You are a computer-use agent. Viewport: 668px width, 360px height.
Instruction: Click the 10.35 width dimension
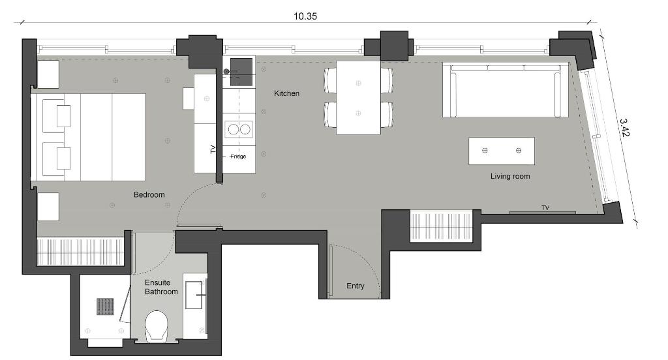tap(305, 16)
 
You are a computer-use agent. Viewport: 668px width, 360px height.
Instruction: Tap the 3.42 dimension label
tap(624, 127)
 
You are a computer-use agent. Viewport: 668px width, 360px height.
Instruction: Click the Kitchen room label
tap(286, 93)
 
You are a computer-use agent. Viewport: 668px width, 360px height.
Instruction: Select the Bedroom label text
tap(149, 195)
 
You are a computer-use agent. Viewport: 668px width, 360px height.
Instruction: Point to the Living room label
tap(510, 176)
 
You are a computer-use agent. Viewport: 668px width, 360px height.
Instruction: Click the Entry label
tap(356, 286)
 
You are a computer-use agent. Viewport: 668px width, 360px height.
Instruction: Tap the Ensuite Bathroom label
tap(161, 287)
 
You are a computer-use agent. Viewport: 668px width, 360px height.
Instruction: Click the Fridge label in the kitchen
tap(237, 157)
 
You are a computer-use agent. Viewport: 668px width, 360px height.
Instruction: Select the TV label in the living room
tap(545, 208)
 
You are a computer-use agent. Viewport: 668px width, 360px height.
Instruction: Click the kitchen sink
tap(241, 72)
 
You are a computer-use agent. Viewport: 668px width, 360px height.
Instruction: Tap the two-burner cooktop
tap(239, 129)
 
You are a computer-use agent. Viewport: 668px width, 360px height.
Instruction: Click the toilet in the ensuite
tap(157, 326)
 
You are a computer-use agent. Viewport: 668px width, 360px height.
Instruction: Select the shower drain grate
tap(105, 307)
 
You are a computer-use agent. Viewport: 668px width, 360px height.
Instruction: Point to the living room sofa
tap(506, 90)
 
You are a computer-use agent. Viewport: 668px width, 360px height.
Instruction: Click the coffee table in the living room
tap(502, 151)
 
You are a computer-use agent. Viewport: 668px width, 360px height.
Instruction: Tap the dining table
tap(358, 98)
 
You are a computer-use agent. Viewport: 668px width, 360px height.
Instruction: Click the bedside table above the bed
tap(48, 74)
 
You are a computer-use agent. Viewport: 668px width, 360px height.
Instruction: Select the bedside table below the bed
tap(48, 207)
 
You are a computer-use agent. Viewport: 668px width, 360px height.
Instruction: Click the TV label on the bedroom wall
tap(213, 149)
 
